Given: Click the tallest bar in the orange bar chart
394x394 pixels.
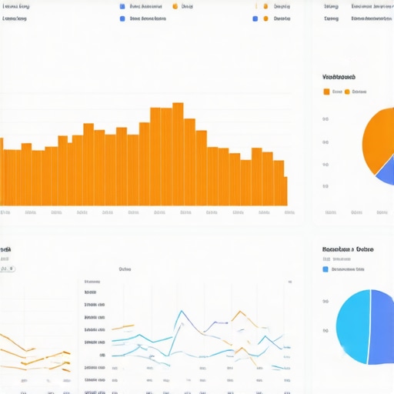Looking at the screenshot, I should click(x=178, y=154).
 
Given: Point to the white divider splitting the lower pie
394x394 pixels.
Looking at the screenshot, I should click(x=370, y=326).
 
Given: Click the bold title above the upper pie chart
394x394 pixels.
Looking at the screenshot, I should click(x=339, y=78).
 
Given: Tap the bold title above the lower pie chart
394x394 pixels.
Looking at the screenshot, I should click(x=348, y=250).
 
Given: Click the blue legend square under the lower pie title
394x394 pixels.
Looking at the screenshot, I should click(x=326, y=269).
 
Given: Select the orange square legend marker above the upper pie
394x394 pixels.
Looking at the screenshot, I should click(x=326, y=92).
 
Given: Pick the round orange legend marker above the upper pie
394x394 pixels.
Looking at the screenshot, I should click(x=346, y=92).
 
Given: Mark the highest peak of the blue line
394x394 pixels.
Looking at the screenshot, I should click(x=181, y=312).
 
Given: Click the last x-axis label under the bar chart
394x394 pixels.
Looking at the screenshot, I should click(x=289, y=212).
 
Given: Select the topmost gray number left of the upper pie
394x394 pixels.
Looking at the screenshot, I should click(x=326, y=119).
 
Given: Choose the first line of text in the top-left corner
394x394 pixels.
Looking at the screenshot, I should click(x=15, y=5).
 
